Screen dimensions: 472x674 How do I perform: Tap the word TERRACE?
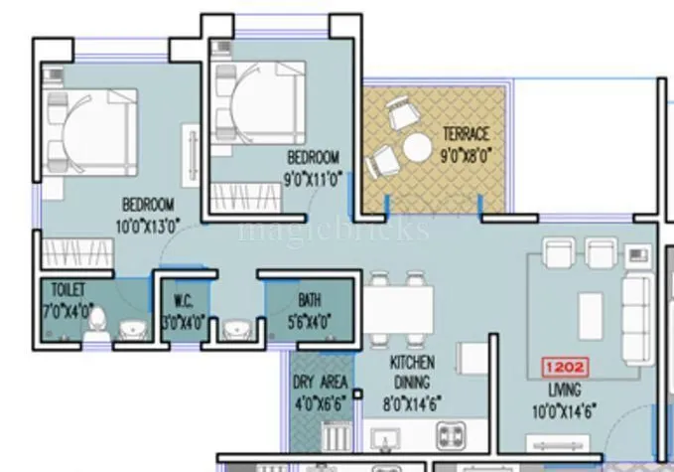click(x=465, y=134)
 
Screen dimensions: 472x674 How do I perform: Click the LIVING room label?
click(x=564, y=391)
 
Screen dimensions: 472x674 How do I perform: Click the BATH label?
click(x=310, y=299)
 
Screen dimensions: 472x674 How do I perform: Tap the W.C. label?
click(x=183, y=299)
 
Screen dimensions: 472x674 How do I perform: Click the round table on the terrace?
click(x=415, y=151)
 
